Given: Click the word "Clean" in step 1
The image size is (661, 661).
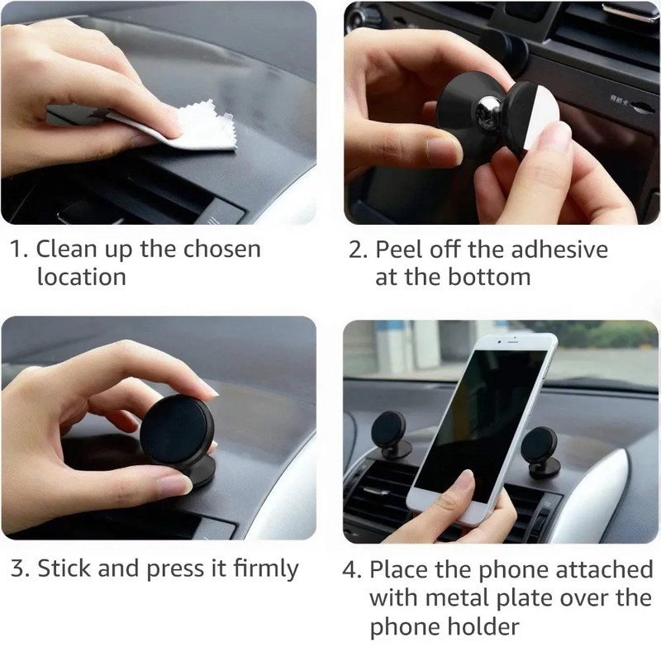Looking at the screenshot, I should click(x=69, y=249).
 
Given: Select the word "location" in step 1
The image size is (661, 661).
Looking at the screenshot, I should click(x=81, y=276).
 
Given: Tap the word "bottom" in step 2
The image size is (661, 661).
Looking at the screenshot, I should click(x=489, y=276).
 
